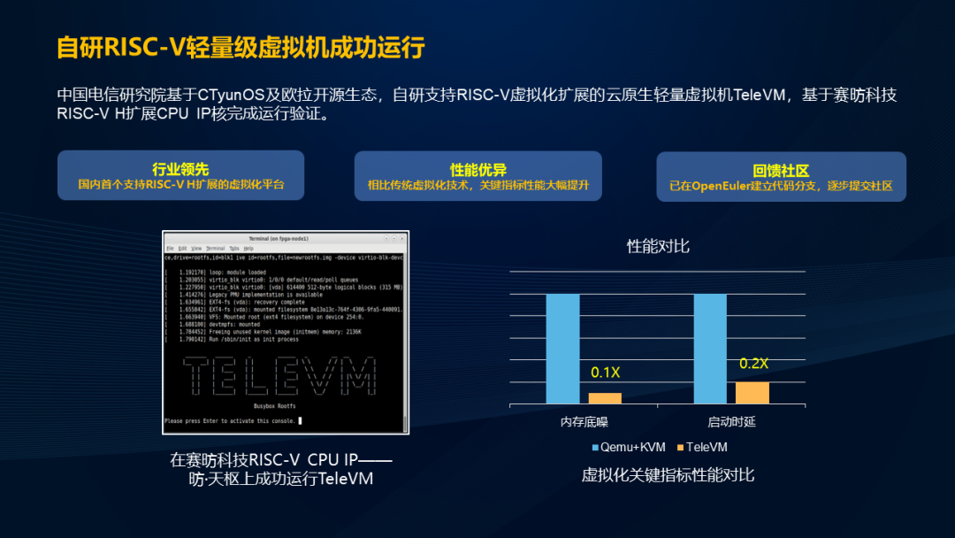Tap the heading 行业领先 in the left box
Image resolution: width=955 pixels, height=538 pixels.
point(180,169)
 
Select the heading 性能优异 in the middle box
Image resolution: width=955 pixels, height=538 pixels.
point(477,170)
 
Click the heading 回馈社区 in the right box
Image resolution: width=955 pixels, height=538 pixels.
point(781,171)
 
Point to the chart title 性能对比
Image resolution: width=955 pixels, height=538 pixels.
point(657,246)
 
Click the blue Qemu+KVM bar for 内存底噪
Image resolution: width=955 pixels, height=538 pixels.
point(562,349)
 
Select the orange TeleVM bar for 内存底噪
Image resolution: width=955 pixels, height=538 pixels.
point(605,398)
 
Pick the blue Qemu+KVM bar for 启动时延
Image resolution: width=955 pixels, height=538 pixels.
point(710,349)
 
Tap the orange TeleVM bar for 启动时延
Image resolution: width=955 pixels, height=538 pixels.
point(753,393)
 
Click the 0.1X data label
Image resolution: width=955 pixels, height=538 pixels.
point(605,373)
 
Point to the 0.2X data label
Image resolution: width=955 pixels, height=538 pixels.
point(753,364)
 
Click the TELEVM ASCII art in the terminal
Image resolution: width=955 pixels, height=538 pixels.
point(279,376)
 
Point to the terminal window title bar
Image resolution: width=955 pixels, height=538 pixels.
point(285,239)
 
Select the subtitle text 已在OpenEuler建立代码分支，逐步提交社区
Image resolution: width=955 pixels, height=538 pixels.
point(781,187)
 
